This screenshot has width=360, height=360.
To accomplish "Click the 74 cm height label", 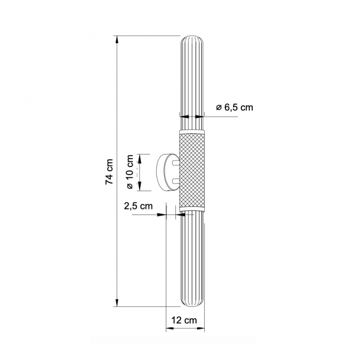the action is (x=110, y=172).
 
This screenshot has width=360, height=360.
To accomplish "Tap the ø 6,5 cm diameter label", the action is (x=234, y=107).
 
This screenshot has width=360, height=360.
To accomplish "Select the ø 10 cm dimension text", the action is (x=130, y=172).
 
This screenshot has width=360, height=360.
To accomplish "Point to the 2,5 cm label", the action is (x=138, y=206).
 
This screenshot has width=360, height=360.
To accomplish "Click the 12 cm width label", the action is (x=184, y=320).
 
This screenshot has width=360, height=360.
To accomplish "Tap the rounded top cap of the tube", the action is (x=192, y=40).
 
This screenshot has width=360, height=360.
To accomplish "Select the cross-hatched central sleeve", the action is (x=192, y=171).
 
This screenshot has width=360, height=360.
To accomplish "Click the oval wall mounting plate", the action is (x=167, y=172).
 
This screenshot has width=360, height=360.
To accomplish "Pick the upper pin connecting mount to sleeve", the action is (x=176, y=163).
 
